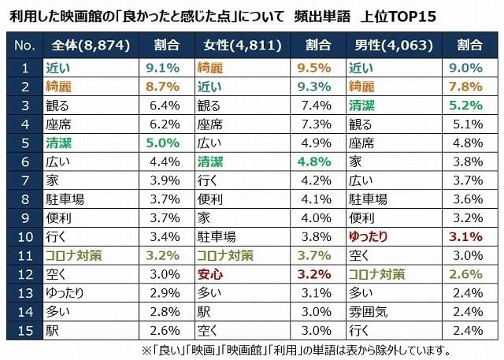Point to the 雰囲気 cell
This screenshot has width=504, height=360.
point(370,311)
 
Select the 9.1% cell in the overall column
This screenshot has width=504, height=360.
point(163,68)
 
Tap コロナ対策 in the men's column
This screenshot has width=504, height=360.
point(377,274)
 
